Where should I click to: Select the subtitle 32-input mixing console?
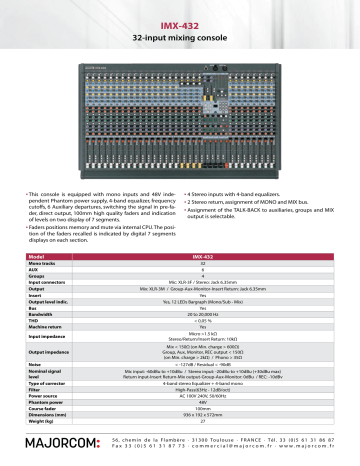click(x=180, y=36)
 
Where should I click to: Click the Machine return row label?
click(x=45, y=328)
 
